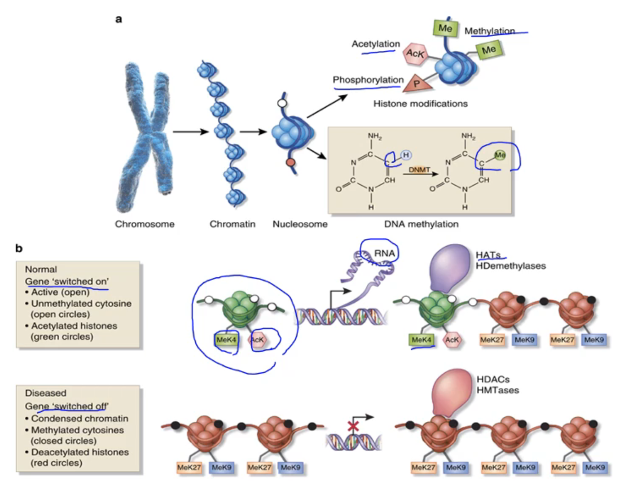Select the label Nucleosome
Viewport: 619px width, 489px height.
[x=300, y=224]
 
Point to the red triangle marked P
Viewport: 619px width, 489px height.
[x=416, y=83]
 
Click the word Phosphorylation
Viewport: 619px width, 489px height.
[x=368, y=80]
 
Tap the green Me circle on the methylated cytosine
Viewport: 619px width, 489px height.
[x=498, y=155]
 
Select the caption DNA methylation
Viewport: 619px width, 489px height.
[x=421, y=224]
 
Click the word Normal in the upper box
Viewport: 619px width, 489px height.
[x=41, y=269]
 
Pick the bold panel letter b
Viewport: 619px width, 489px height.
[x=19, y=247]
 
